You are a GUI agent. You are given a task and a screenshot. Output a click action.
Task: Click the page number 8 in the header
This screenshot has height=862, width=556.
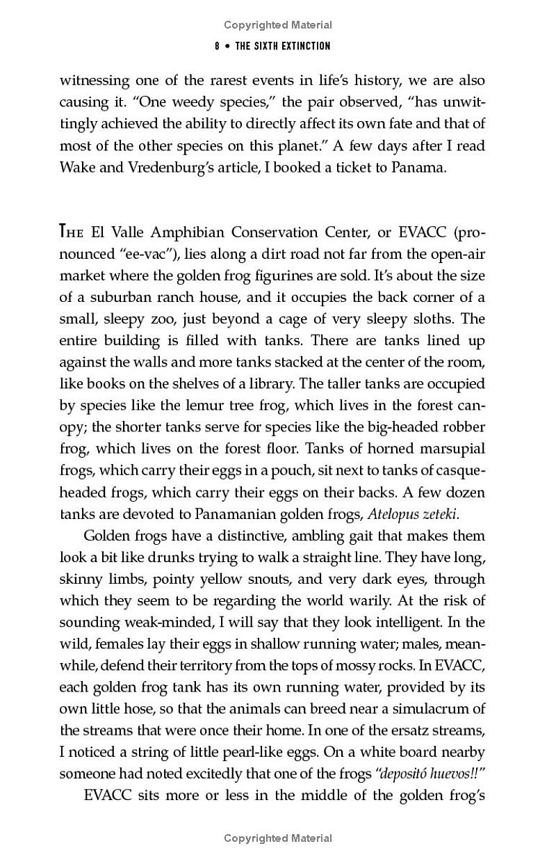(218, 46)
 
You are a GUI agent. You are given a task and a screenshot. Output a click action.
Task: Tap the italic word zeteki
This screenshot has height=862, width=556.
(439, 513)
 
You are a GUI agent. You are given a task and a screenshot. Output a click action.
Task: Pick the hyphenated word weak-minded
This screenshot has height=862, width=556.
(154, 622)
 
